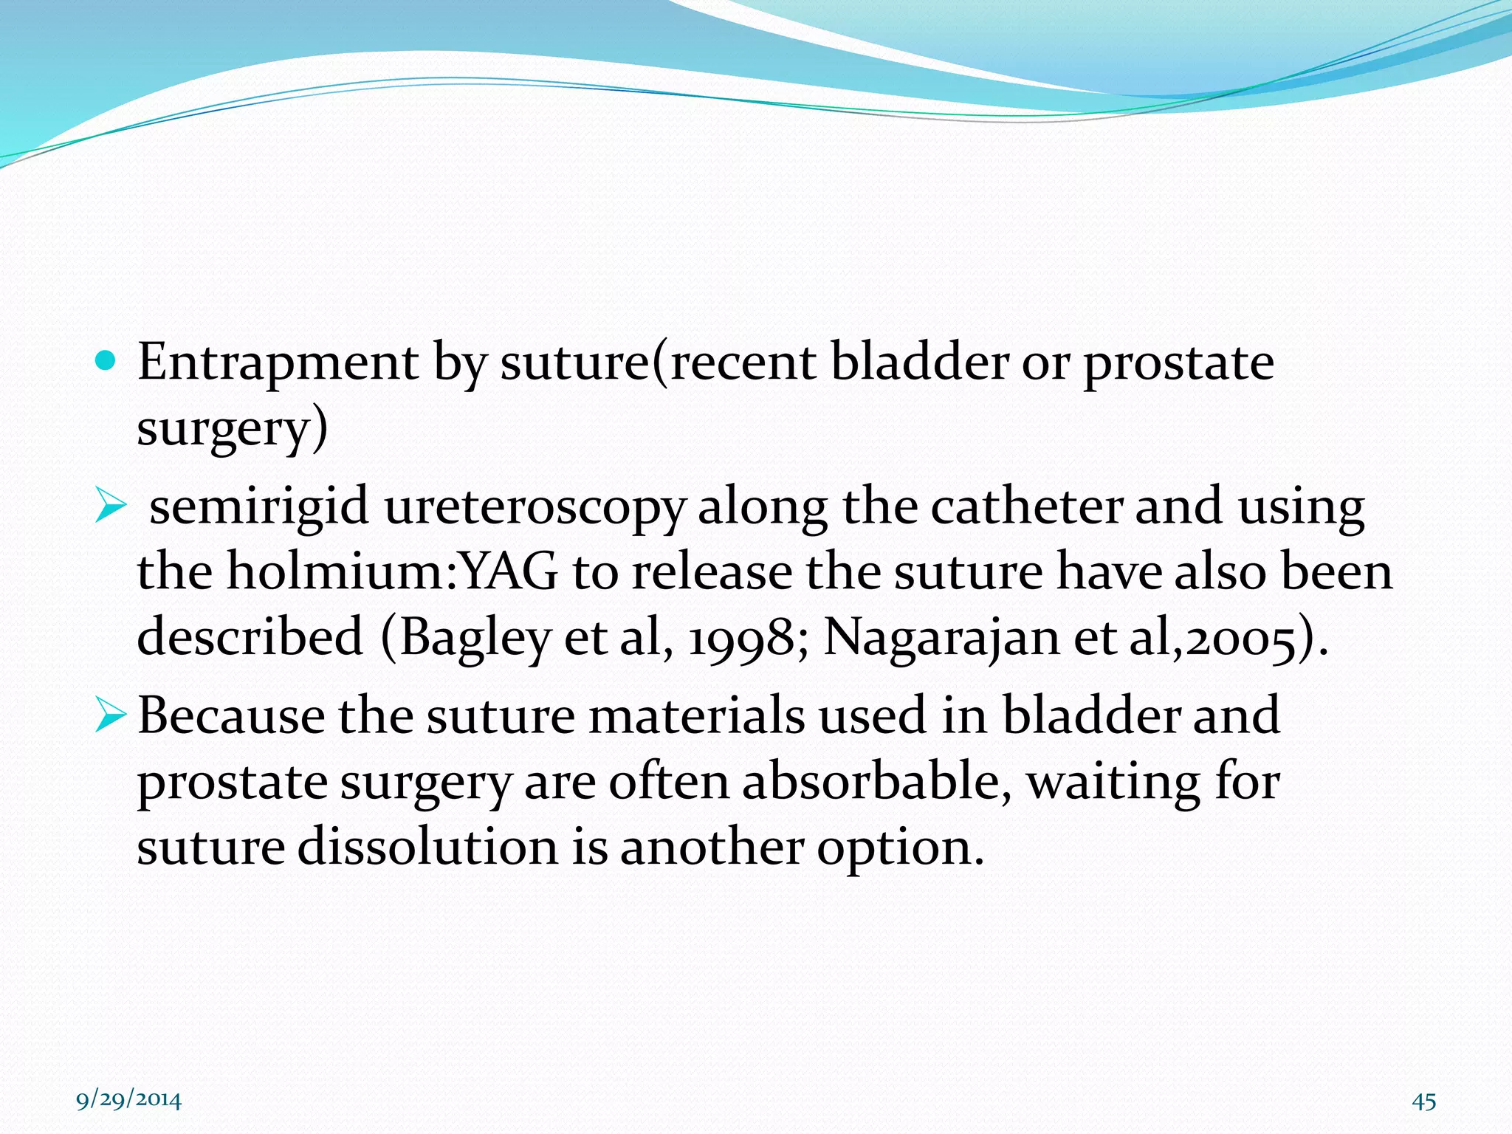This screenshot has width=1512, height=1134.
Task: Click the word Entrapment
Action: tap(278, 363)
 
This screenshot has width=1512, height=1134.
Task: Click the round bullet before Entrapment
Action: tap(106, 361)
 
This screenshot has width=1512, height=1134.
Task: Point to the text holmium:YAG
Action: tap(391, 572)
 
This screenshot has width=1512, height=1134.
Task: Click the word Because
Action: tap(230, 715)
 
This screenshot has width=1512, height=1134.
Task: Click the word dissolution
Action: tap(427, 846)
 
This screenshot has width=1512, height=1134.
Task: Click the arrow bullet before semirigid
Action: tap(111, 508)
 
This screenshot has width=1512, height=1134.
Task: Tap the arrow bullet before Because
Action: tap(111, 717)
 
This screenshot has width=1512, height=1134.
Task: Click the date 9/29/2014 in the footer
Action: tap(129, 1100)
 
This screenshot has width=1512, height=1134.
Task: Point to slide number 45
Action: tap(1423, 1102)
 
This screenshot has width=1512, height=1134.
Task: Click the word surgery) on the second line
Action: tap(232, 429)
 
